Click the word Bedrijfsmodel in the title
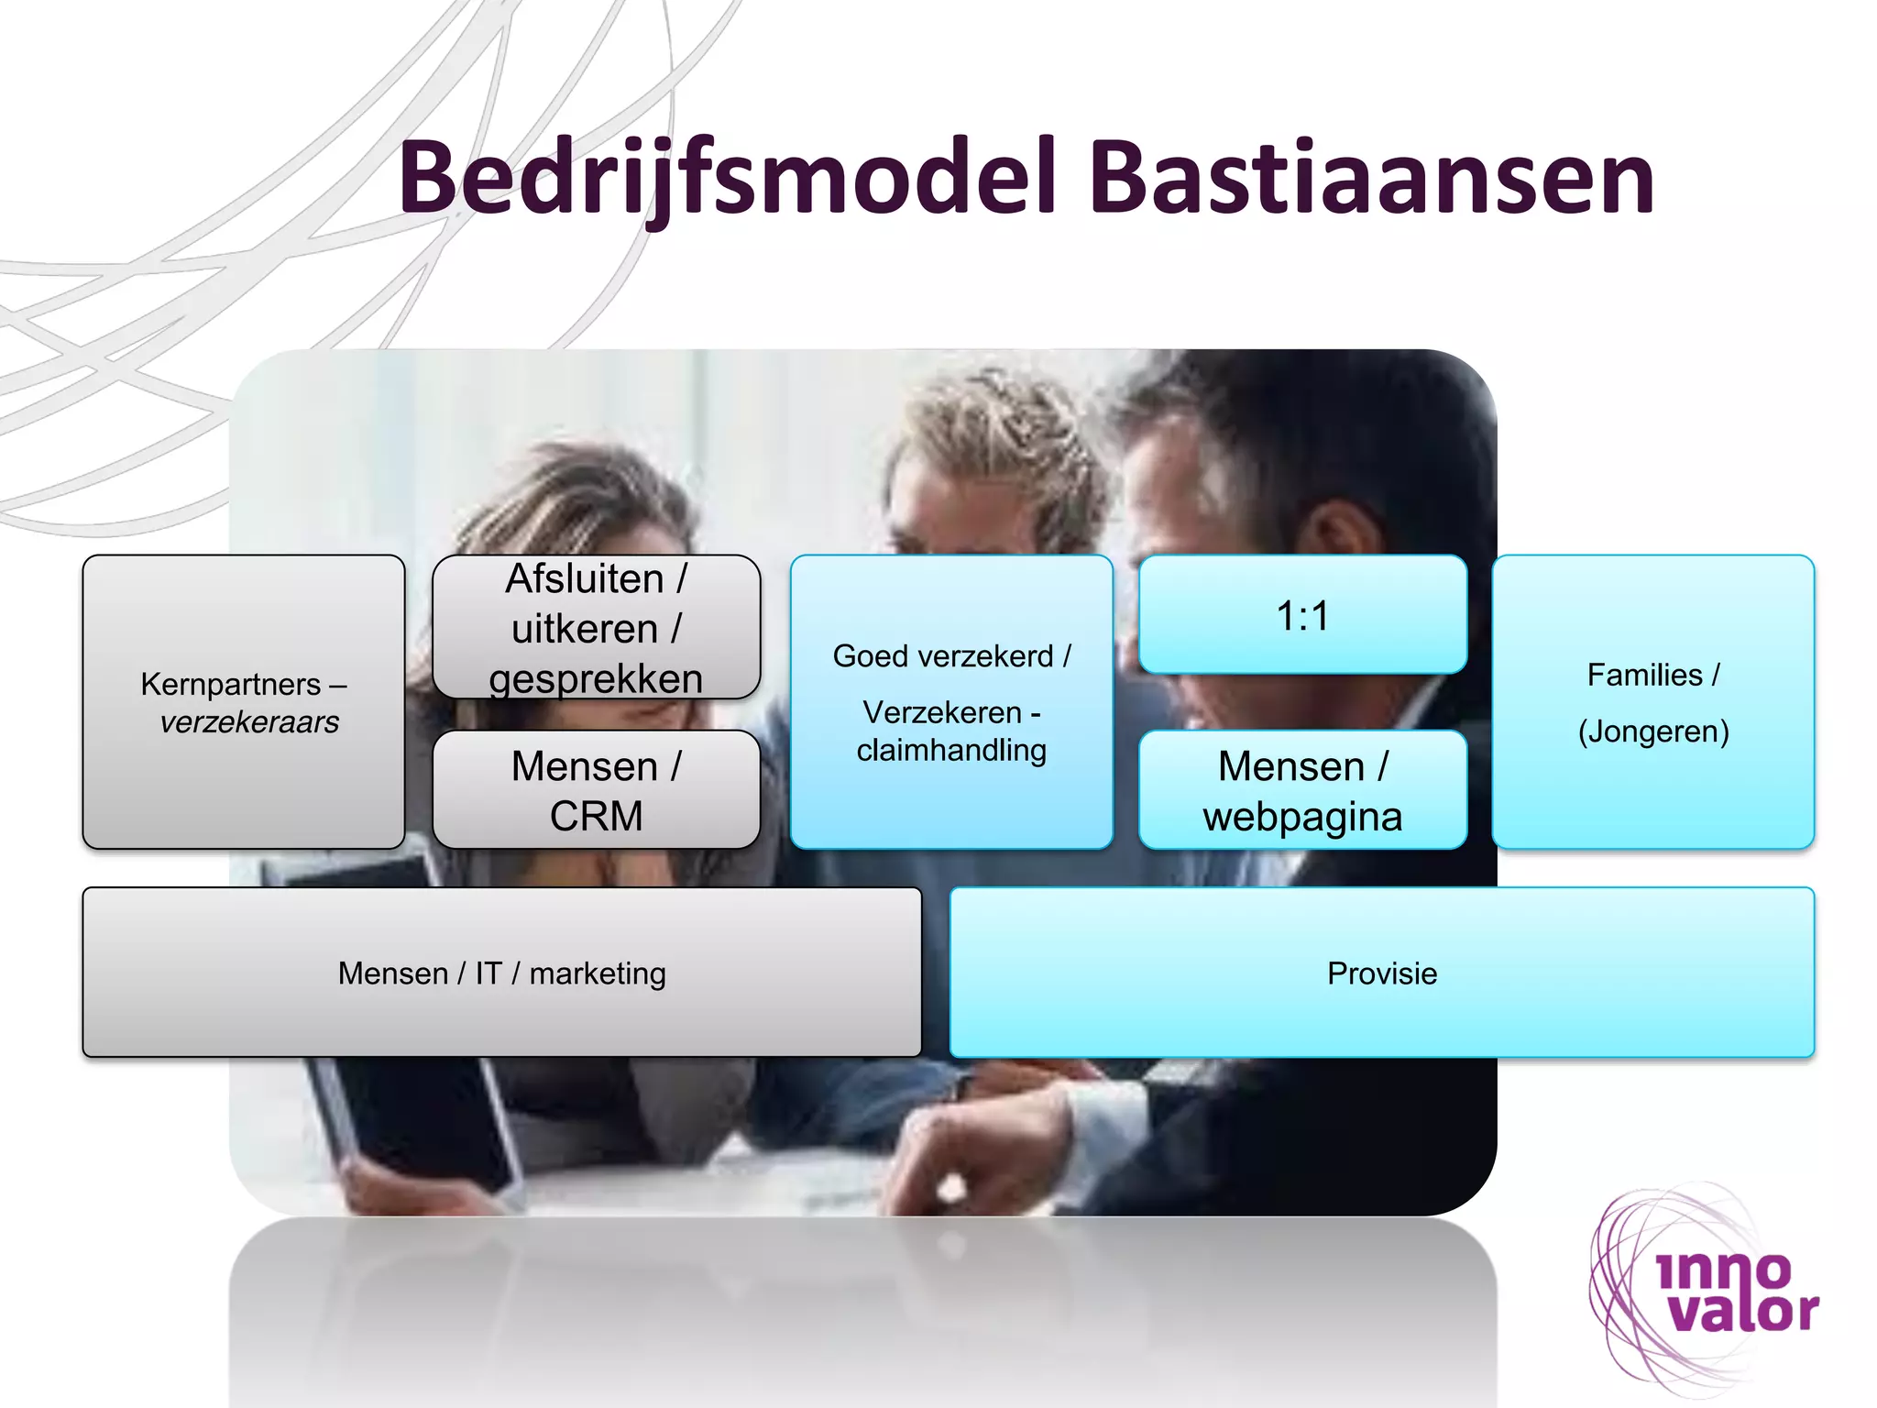729,179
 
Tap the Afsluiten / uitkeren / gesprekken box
596,628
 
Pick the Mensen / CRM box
596,790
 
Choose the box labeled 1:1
1302,615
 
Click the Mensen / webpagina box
1302,790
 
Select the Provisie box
1382,973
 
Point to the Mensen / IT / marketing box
501,973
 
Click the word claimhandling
951,750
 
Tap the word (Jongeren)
1653,731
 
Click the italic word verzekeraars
249,722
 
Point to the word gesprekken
596,679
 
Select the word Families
1644,675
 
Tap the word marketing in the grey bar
598,973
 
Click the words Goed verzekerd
942,656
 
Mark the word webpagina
1302,817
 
